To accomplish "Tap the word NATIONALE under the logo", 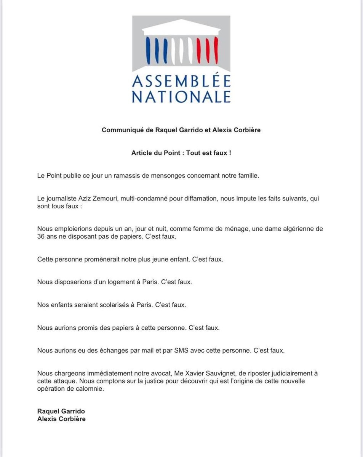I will tap(181, 96).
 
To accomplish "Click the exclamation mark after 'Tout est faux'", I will tap(230, 153).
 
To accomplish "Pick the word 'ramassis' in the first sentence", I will tap(115, 176).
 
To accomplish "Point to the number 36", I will tap(42, 236).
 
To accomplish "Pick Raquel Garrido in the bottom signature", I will tap(61, 411).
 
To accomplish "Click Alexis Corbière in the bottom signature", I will tap(61, 419).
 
